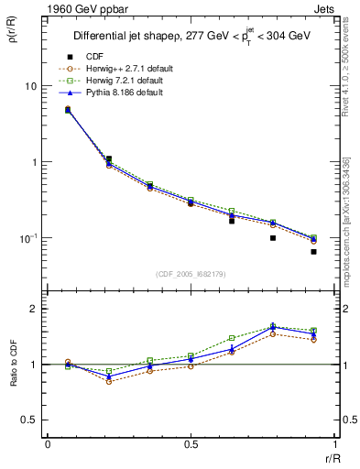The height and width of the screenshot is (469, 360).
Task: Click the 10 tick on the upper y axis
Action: [30, 86]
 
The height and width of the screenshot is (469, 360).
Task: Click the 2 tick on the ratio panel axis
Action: [34, 310]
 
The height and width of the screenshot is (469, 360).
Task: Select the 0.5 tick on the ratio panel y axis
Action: [28, 420]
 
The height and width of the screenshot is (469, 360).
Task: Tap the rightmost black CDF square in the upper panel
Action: [313, 251]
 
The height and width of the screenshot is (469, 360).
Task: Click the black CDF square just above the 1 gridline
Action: [108, 158]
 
